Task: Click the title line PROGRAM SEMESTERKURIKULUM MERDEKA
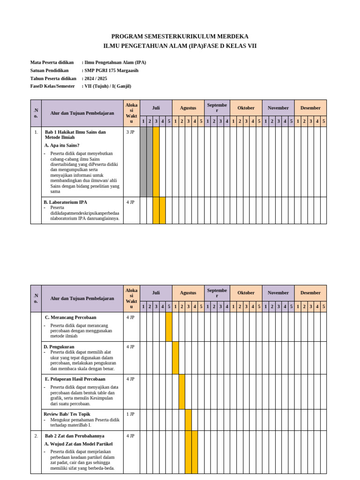coord(180,37)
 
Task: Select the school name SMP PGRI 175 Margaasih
coord(111,70)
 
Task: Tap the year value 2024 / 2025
coord(96,78)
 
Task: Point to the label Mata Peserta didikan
coord(52,62)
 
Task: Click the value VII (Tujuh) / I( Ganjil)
coord(107,86)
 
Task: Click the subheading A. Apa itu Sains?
coord(62,145)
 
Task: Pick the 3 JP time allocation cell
coord(130,132)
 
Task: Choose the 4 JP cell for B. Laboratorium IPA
coord(130,202)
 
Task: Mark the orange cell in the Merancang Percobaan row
coord(169,327)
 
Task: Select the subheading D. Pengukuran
coord(59,346)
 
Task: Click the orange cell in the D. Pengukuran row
coord(175,358)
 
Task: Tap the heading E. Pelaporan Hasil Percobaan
coord(75,379)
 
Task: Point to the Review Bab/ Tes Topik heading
coord(67,414)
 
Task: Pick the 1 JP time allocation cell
coord(130,414)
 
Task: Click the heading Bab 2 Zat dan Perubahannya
coord(75,435)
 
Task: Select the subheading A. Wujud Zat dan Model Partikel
coord(79,443)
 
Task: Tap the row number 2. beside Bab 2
coord(36,435)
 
